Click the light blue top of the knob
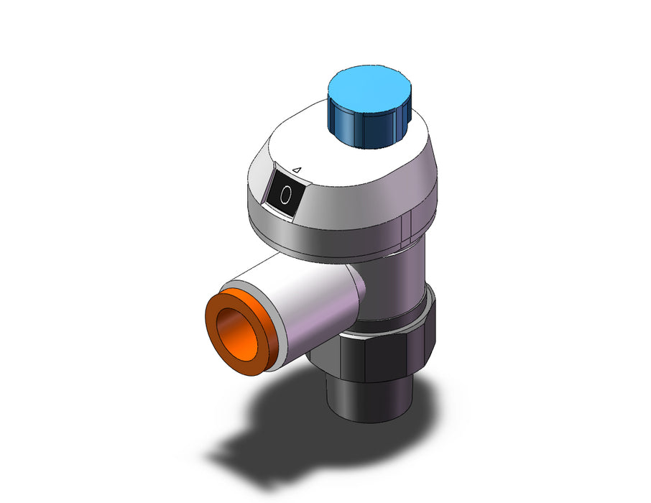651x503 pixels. [369, 89]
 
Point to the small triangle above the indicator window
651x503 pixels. [297, 170]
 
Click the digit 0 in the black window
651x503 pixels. [285, 195]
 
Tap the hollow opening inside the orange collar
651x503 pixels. [236, 332]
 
